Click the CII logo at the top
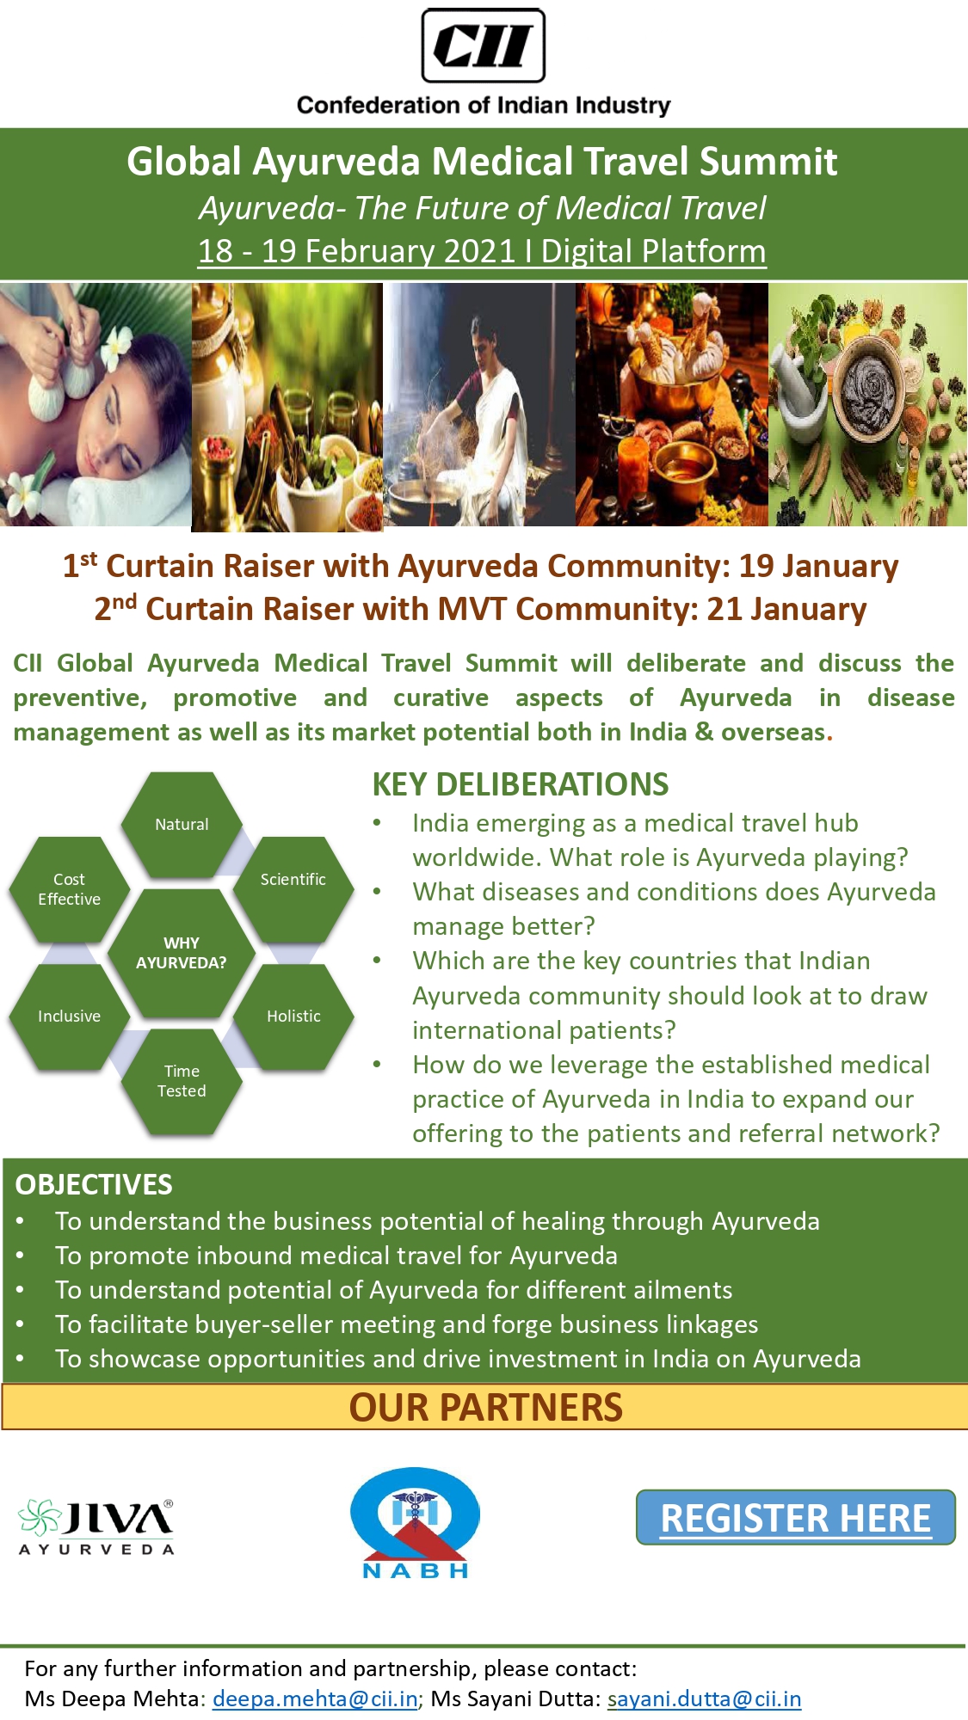483,46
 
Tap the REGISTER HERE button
795,1518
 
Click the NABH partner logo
415,1522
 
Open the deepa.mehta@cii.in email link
315,1698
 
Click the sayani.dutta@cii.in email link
704,1698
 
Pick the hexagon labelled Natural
182,824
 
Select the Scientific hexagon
293,879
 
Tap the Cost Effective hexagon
69,889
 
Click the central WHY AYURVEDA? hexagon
181,953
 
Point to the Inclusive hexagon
69,1016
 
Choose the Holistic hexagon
293,1016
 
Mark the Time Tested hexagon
182,1081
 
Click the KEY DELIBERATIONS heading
520,784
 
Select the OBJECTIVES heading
94,1184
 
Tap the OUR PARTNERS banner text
485,1408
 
